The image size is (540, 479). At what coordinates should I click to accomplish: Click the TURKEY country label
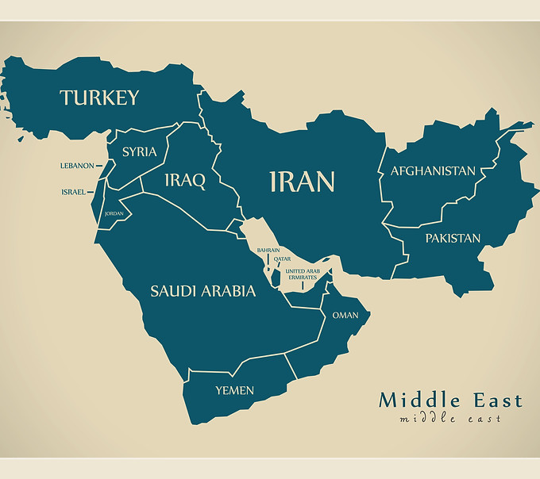click(99, 98)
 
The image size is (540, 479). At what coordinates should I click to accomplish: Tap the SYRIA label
click(139, 151)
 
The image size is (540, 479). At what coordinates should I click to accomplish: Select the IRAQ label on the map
click(184, 181)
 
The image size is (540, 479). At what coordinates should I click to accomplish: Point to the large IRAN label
click(302, 182)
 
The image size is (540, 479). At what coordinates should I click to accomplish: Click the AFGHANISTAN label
click(433, 171)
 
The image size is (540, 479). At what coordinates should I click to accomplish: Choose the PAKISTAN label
click(452, 238)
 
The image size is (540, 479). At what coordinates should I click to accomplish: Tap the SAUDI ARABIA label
click(203, 291)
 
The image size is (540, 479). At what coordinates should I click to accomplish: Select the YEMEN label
click(235, 390)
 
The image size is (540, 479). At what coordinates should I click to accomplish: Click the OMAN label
click(345, 315)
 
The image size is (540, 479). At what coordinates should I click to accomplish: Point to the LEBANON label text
click(76, 166)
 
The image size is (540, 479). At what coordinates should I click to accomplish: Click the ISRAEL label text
click(73, 192)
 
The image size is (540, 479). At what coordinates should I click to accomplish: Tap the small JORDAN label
click(114, 213)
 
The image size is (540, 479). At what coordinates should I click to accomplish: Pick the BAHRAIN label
click(268, 250)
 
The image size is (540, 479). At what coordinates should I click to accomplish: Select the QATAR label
click(282, 259)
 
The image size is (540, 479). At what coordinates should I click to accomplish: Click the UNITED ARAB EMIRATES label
click(302, 274)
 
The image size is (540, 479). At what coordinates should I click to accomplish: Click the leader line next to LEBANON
click(99, 166)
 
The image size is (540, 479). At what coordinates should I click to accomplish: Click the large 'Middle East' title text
click(450, 400)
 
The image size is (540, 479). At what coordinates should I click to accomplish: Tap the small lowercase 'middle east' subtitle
click(450, 418)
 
